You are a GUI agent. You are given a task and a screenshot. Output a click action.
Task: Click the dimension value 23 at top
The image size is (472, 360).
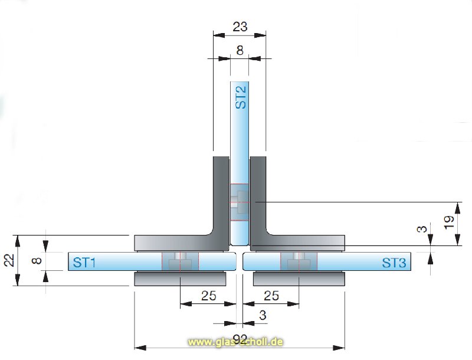pyautogui.click(x=240, y=27)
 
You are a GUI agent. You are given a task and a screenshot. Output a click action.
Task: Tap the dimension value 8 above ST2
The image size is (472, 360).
pyautogui.click(x=240, y=51)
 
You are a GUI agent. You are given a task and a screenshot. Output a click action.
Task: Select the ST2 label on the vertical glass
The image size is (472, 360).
pyautogui.click(x=240, y=96)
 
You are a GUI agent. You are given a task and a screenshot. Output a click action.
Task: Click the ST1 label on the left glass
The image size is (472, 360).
pyautogui.click(x=84, y=262)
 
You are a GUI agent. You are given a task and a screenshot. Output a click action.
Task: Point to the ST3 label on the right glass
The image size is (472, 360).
pyautogui.click(x=394, y=263)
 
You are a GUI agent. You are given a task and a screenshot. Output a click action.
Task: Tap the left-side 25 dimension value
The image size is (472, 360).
pyautogui.click(x=208, y=295)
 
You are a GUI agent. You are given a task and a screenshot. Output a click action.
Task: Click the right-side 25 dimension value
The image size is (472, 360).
pyautogui.click(x=271, y=295)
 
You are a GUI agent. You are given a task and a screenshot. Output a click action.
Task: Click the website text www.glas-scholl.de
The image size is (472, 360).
pyautogui.click(x=236, y=342)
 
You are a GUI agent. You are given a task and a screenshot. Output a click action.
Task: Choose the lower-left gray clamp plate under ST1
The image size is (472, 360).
pyautogui.click(x=179, y=279)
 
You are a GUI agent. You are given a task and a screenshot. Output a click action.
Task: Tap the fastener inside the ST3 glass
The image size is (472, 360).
pyautogui.click(x=299, y=261)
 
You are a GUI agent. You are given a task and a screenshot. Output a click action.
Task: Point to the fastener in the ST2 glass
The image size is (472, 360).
pyautogui.click(x=240, y=202)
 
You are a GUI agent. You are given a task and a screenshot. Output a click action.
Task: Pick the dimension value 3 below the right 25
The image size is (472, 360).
pyautogui.click(x=263, y=316)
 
